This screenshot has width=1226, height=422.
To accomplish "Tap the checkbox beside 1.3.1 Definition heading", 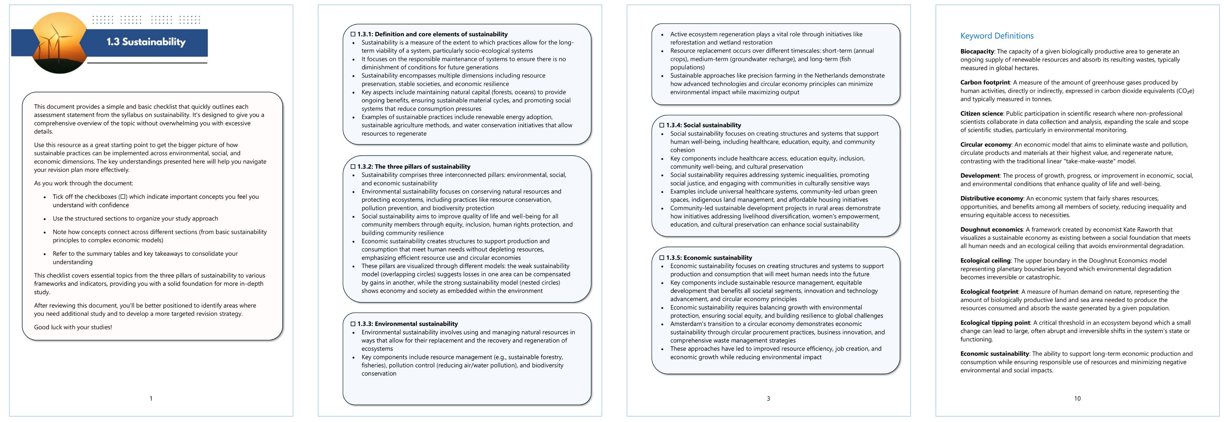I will pos(353,34).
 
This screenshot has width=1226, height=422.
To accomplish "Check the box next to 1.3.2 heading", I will pos(353,167).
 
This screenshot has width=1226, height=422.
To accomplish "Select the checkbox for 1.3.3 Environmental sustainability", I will pos(353,324).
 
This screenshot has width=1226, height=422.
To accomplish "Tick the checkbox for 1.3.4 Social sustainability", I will pos(661,125).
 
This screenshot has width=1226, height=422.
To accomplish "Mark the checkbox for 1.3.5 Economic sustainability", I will pos(661,258).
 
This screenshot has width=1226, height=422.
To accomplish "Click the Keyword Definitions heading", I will pos(996,36).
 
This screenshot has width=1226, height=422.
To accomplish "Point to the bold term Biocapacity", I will pos(977,51).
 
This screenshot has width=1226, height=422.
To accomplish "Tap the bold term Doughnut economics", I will pos(991,230).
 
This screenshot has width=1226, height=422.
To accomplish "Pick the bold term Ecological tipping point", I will pos(995,322).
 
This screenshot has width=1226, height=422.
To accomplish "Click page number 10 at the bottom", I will pos(1077,398).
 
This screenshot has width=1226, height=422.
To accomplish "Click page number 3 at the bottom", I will pos(768,398).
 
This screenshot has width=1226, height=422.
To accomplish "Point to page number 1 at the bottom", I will pos(151,398).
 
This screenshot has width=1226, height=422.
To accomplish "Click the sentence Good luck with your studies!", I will pos(73,327).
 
